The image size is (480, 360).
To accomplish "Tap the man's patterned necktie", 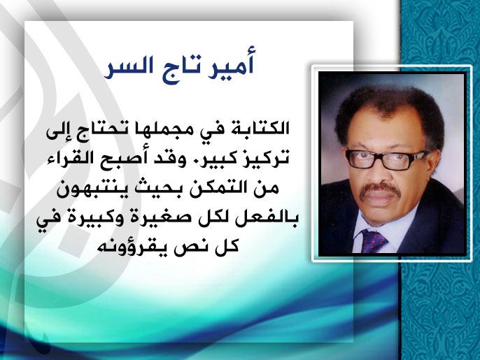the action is [x=374, y=240].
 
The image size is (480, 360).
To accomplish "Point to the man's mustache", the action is [x=379, y=189].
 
